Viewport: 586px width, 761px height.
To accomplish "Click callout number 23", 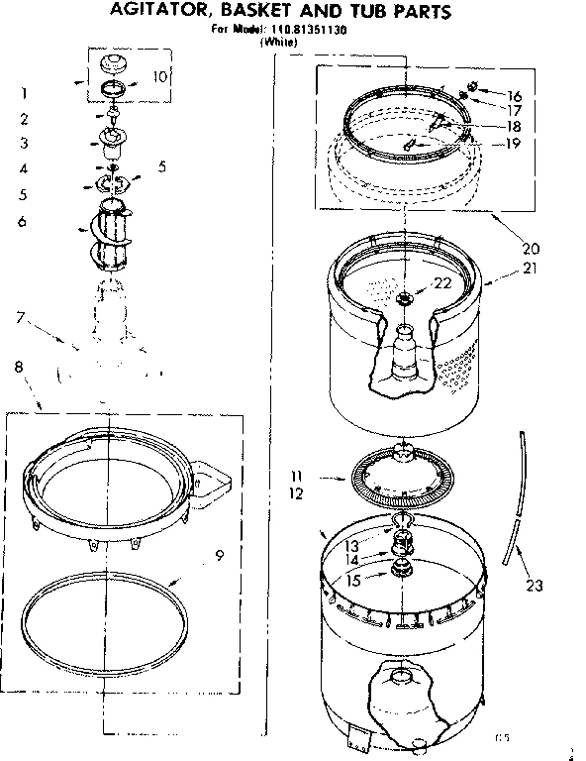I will pyautogui.click(x=535, y=586).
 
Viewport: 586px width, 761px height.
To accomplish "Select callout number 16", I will pyautogui.click(x=515, y=95).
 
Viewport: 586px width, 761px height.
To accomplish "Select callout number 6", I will pyautogui.click(x=21, y=221).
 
